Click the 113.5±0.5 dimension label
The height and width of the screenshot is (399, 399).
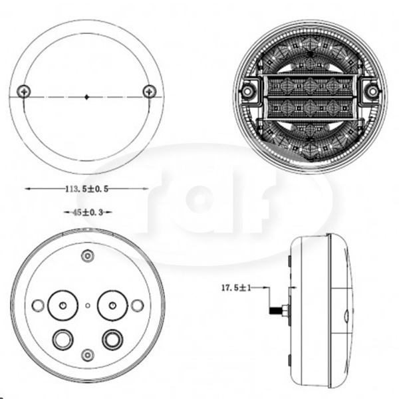pyautogui.click(x=86, y=189)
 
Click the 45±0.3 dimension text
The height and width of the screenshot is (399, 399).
pyautogui.click(x=88, y=212)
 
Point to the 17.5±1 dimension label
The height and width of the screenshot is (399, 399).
pyautogui.click(x=236, y=288)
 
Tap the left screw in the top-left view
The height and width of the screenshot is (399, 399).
pyautogui.click(x=24, y=91)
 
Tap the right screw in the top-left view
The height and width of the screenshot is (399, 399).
pyautogui.click(x=150, y=91)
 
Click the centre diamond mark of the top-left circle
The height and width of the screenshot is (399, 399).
pyautogui.click(x=86, y=97)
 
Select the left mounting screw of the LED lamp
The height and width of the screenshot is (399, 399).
pyautogui.click(x=247, y=91)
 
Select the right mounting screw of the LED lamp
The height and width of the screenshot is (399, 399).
pyautogui.click(x=372, y=91)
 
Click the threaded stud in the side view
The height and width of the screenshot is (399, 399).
pyautogui.click(x=275, y=311)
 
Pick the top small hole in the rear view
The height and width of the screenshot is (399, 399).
pyautogui.click(x=88, y=255)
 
